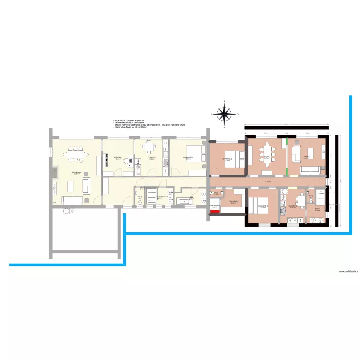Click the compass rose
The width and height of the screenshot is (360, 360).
tap(224, 114)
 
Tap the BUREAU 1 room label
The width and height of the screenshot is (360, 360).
tap(118, 158)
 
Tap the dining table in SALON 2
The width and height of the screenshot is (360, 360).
tap(267, 155)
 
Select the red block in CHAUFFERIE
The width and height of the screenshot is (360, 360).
tap(215, 211)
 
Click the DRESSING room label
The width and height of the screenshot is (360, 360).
tap(234, 201)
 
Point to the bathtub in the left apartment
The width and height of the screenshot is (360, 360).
tap(184, 200)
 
